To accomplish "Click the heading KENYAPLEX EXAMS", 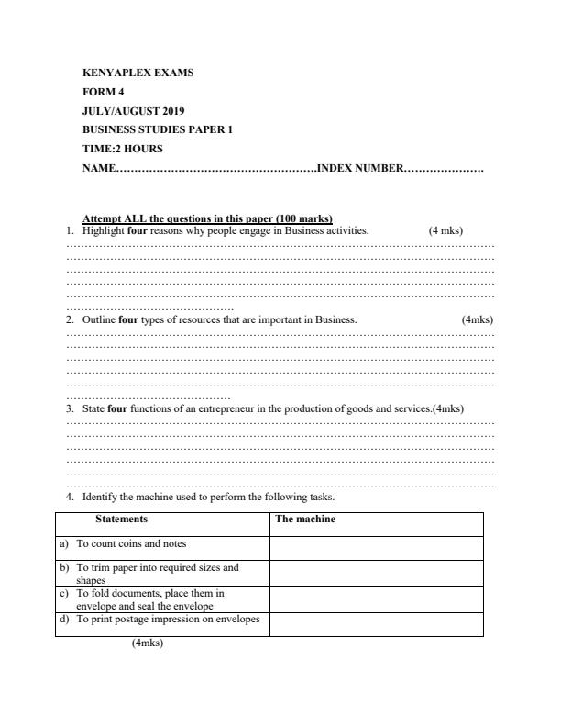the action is (x=137, y=72).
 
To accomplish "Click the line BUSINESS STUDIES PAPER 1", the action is (x=157, y=129).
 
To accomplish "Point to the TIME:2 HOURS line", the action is (x=123, y=149).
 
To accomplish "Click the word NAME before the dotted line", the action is (x=98, y=168).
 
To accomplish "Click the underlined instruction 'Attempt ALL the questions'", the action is (x=207, y=218).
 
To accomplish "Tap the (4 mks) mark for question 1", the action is (x=445, y=230).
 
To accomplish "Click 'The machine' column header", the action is (x=305, y=520).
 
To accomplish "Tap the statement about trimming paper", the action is (x=157, y=573).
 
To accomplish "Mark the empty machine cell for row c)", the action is (x=376, y=599).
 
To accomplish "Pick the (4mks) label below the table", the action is (x=147, y=643).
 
